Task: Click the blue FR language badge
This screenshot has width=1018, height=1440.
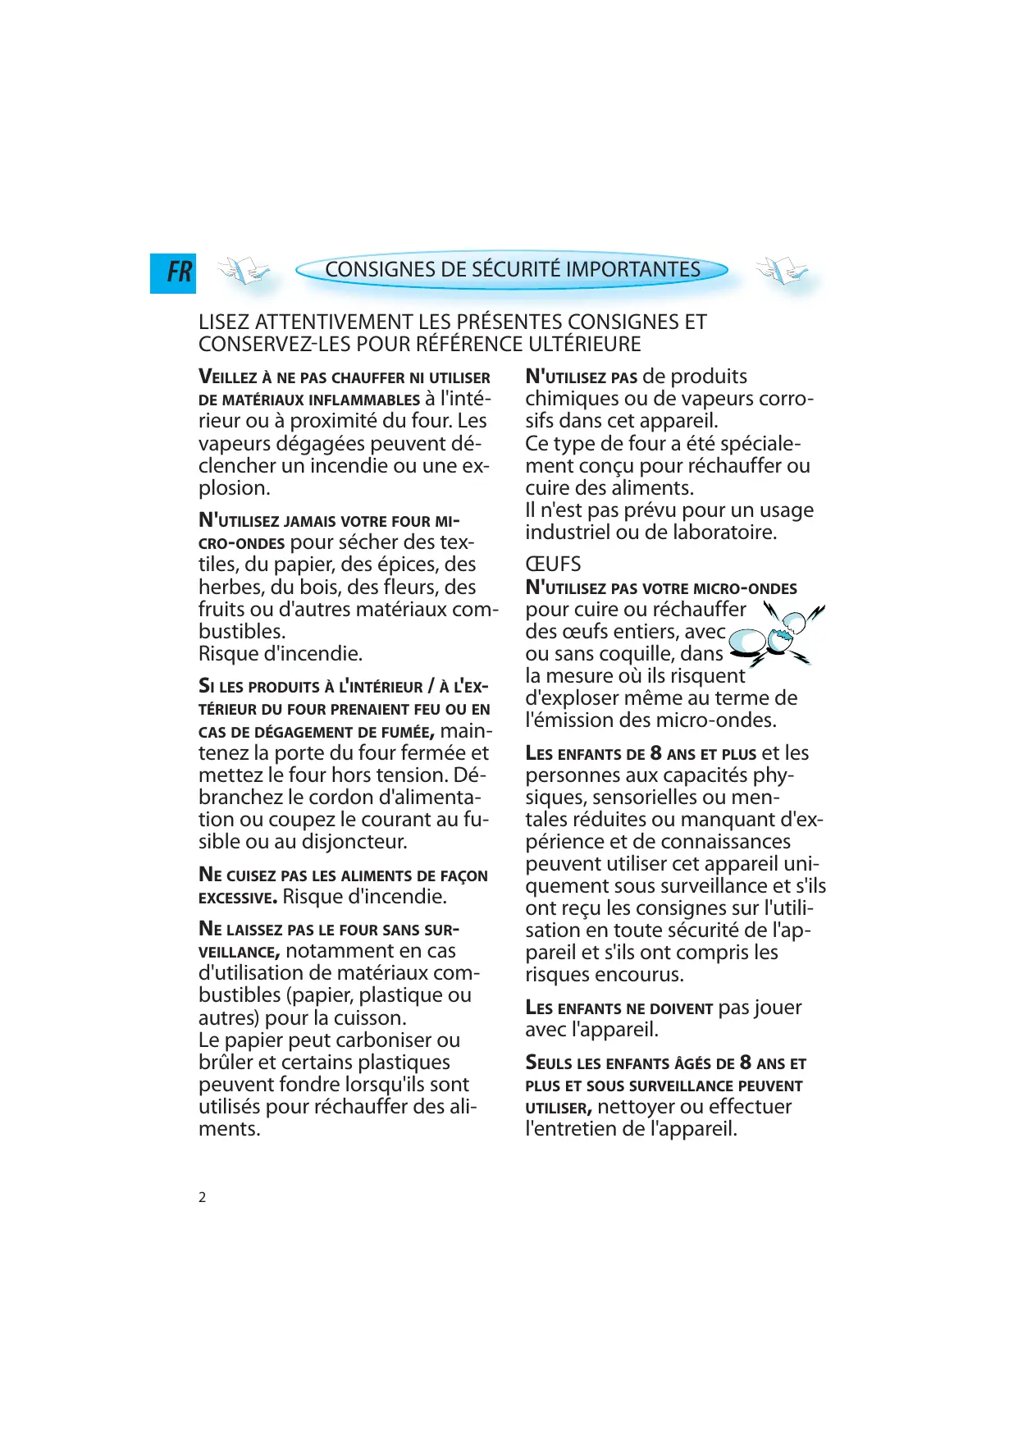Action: pyautogui.click(x=173, y=272)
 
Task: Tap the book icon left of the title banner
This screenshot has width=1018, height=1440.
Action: pyautogui.click(x=244, y=270)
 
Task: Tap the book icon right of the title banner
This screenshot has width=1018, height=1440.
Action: pyautogui.click(x=781, y=270)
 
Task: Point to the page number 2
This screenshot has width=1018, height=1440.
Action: pyautogui.click(x=203, y=1197)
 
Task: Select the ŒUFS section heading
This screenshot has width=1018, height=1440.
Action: pyautogui.click(x=553, y=565)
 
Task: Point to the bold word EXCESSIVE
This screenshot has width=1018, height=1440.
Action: pyautogui.click(x=237, y=898)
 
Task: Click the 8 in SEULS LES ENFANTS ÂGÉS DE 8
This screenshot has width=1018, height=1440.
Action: pyautogui.click(x=745, y=1063)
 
